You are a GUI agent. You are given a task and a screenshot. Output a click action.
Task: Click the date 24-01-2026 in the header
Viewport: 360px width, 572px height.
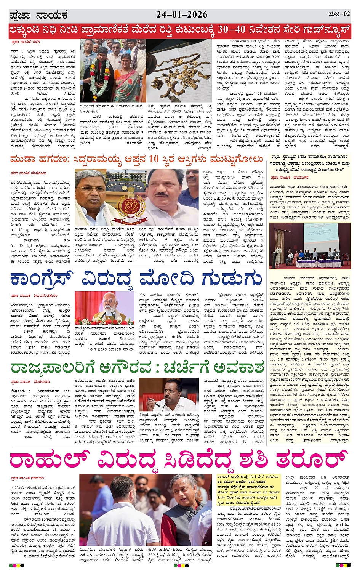182,14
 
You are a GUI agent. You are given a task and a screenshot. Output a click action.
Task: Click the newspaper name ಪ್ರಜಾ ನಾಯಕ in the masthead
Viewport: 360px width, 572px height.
38,15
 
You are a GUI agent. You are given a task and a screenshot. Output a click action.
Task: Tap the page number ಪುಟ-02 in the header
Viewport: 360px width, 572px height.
339,14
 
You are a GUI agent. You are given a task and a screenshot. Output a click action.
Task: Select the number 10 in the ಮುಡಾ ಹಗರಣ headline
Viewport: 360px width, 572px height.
153,159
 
